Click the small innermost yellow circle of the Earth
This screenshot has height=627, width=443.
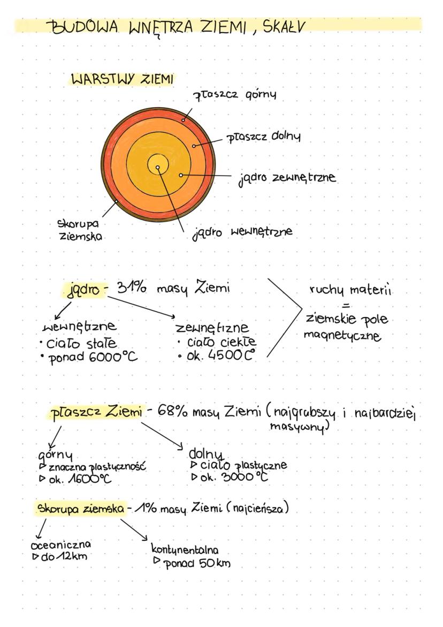[158, 168]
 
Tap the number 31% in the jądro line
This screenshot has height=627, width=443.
[134, 289]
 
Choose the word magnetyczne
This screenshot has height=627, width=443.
[342, 336]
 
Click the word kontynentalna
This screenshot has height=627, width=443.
[185, 550]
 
